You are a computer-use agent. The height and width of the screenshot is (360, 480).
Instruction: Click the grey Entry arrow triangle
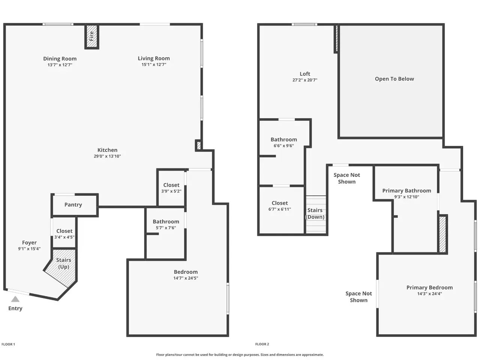tap(15, 299)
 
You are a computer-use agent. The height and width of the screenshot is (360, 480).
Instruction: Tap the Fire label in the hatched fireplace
tap(91, 36)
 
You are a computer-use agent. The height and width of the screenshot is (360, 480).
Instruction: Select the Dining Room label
tap(60, 58)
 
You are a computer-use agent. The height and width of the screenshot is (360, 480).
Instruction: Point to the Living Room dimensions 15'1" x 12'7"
tap(154, 64)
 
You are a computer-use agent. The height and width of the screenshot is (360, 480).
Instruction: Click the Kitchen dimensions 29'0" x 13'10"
tap(107, 156)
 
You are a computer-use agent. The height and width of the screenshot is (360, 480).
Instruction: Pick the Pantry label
tap(73, 205)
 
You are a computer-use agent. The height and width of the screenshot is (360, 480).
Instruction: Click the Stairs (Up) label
tap(64, 263)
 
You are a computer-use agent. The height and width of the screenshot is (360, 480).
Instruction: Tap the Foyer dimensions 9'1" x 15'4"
tap(29, 249)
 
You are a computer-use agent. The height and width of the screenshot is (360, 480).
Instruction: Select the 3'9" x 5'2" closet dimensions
tap(171, 191)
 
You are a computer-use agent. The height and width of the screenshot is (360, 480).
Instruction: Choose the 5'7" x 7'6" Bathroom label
tap(166, 222)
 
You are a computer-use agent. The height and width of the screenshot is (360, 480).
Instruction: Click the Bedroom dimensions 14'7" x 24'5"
tap(186, 278)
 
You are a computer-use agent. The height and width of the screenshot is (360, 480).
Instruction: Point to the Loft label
tap(305, 74)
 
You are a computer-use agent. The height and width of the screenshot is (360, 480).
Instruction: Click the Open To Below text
tap(394, 79)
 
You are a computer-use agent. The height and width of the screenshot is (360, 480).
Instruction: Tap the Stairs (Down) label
tap(315, 213)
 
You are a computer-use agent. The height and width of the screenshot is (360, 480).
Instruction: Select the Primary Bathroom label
tap(406, 190)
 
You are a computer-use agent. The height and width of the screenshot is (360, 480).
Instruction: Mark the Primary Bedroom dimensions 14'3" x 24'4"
tap(429, 294)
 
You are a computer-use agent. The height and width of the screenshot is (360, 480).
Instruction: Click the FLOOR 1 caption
tap(8, 344)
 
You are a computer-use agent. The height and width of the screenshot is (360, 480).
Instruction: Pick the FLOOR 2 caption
tap(262, 344)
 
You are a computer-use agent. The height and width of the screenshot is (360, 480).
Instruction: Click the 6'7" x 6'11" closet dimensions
tap(280, 209)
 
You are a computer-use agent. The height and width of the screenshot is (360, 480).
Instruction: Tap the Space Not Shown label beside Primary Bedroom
tap(358, 297)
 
